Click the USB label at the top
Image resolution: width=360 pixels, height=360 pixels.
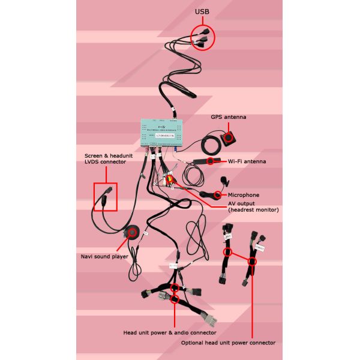(202, 12)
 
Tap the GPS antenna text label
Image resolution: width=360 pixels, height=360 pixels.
(228, 117)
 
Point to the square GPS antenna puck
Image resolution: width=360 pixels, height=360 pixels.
(229, 139)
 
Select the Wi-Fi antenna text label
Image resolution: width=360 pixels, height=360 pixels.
(247, 161)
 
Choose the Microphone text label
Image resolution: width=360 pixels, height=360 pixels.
(244, 195)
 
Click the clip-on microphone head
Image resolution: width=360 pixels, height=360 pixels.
(224, 179)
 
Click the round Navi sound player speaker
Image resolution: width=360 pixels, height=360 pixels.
(130, 232)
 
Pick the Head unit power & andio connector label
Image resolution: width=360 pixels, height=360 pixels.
(169, 332)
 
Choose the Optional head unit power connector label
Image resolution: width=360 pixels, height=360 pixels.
(228, 343)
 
